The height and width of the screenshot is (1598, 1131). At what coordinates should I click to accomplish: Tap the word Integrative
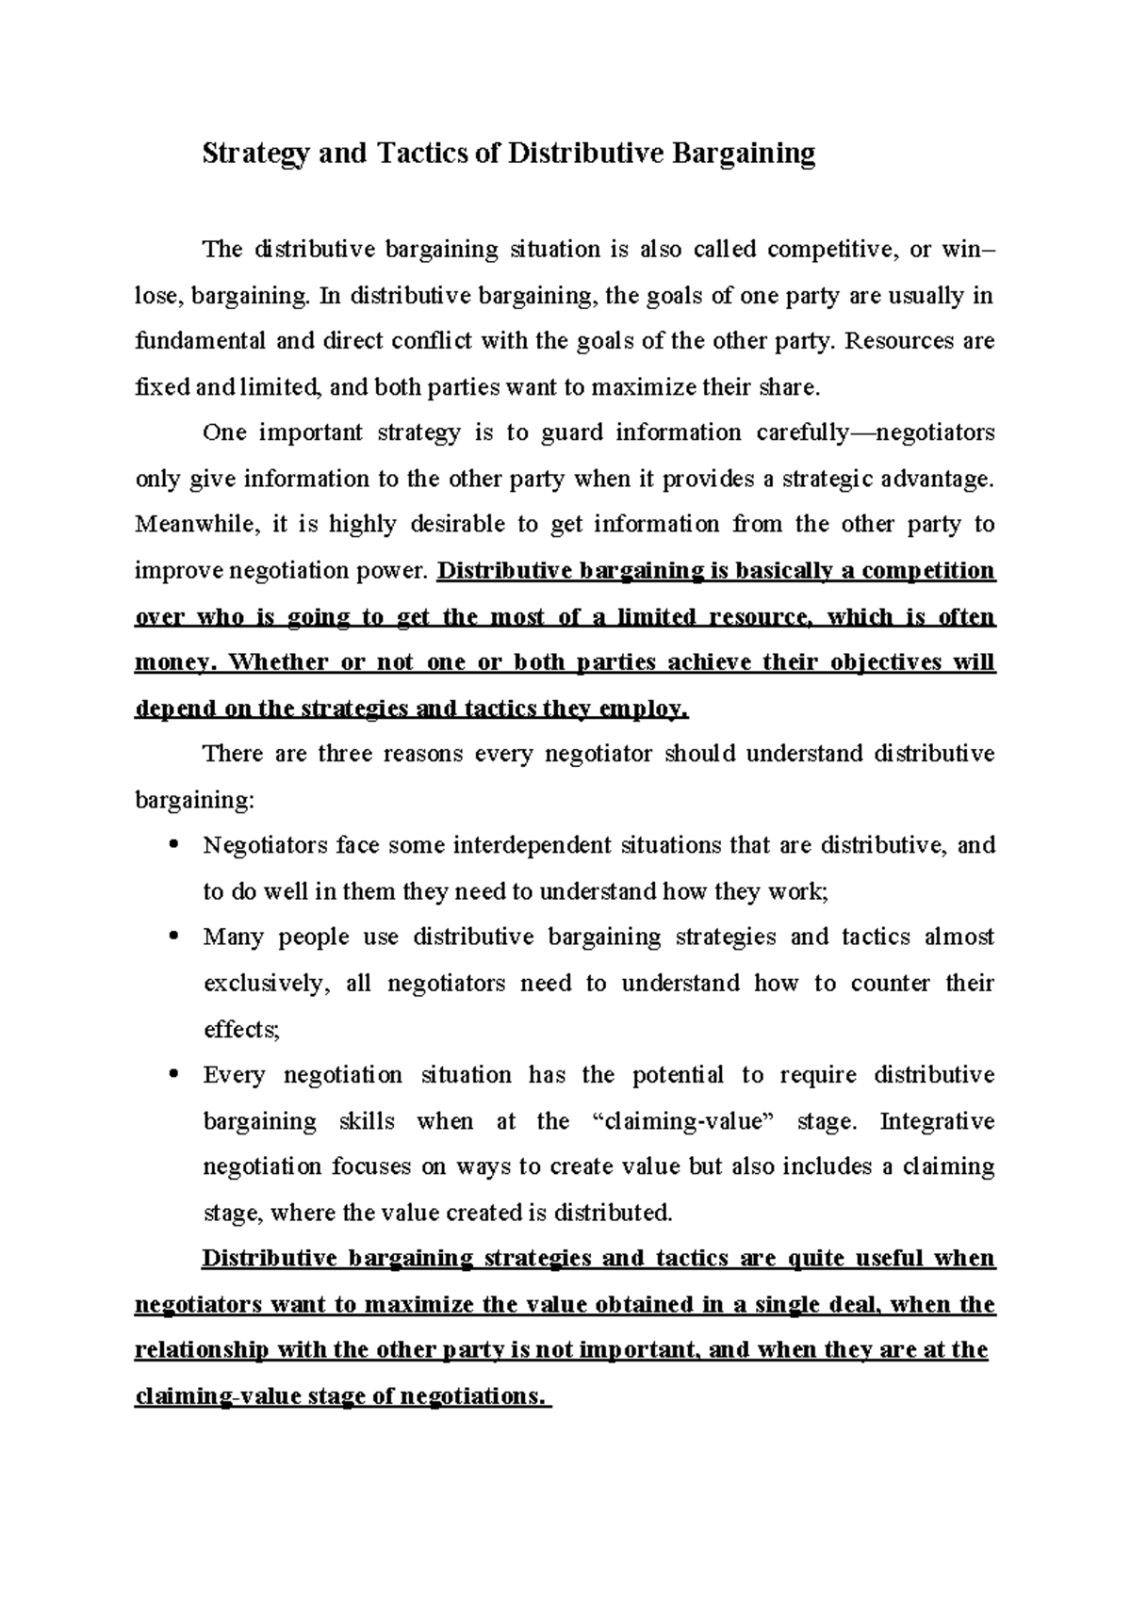pos(937,1121)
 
